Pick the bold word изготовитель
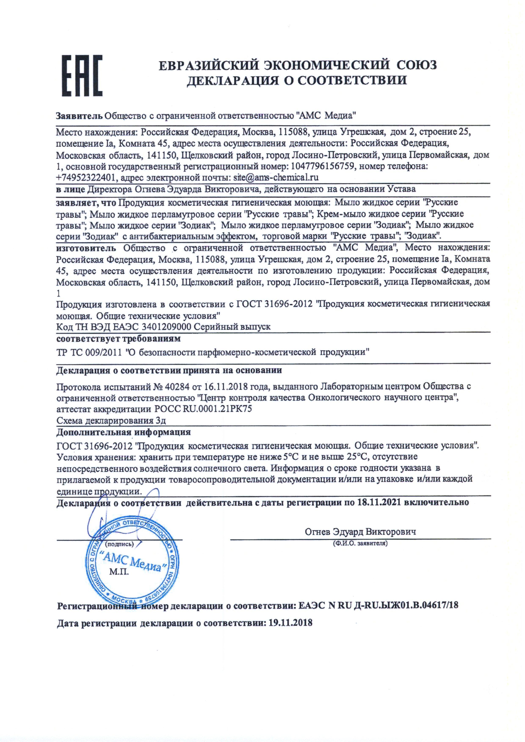pos(86,248)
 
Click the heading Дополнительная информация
pos(124,432)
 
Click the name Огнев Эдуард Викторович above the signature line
pos(360,532)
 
